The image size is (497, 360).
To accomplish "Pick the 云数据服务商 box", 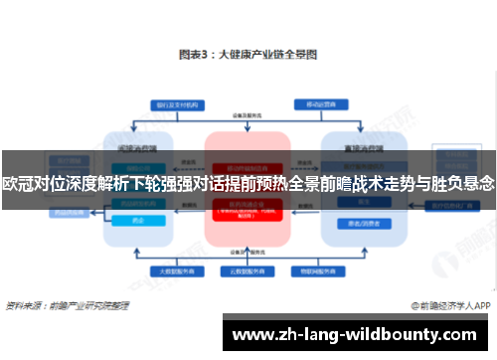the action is [x=247, y=270].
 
